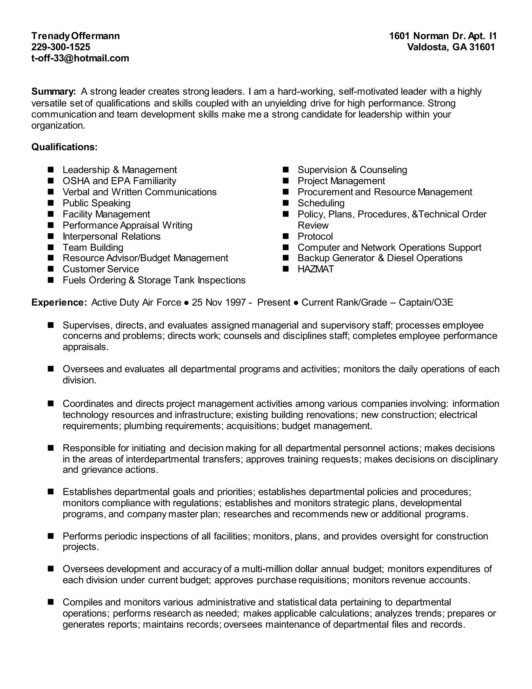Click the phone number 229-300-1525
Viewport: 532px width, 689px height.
[x=61, y=47]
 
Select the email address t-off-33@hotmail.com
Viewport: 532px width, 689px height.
[x=80, y=58]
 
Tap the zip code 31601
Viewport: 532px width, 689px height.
[x=482, y=47]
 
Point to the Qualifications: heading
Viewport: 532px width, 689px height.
[x=64, y=147]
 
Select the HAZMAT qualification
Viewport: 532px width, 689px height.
[x=315, y=269]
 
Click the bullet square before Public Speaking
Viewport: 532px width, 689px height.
[x=51, y=203]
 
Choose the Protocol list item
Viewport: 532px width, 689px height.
[x=315, y=236]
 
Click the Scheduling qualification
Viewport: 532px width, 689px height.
[x=321, y=203]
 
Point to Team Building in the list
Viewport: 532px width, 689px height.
[x=93, y=247]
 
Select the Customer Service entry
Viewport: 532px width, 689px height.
[x=101, y=269]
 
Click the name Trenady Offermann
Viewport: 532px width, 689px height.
[x=75, y=36]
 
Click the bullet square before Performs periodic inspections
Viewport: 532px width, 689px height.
[x=51, y=536]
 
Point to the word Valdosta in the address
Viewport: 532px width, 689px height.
[x=427, y=47]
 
